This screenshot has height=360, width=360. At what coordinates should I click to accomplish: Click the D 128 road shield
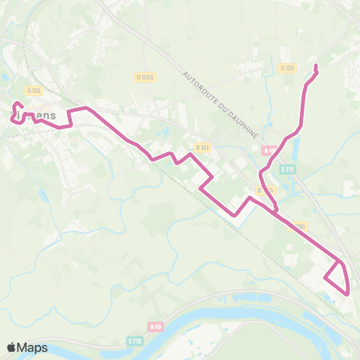(x=33, y=91)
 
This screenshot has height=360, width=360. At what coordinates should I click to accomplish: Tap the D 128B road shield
(x=145, y=76)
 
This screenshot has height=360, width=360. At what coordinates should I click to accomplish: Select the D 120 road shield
(x=287, y=68)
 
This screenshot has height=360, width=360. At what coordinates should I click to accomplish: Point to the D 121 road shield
(x=201, y=148)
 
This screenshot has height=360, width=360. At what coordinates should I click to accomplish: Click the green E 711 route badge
(x=286, y=170)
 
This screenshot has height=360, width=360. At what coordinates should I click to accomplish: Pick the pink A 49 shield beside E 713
(x=155, y=327)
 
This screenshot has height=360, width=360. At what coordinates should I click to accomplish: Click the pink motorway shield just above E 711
(x=270, y=151)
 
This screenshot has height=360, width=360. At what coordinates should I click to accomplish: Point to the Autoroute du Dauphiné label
(x=221, y=104)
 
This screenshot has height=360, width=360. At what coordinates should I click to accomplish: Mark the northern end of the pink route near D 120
(x=315, y=67)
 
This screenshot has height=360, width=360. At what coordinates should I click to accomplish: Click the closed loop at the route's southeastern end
(x=337, y=279)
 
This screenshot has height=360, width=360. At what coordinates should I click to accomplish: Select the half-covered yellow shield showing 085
(x=299, y=226)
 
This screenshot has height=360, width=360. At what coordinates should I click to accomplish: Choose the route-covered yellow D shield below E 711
(x=263, y=190)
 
